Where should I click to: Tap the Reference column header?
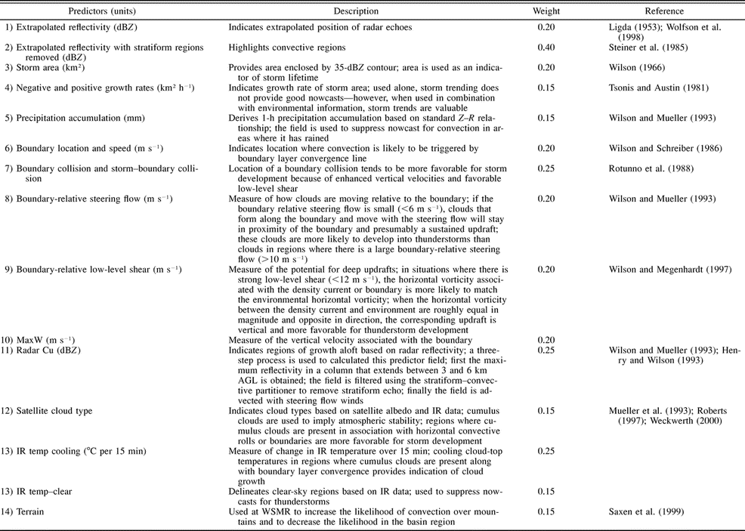[x=664, y=11]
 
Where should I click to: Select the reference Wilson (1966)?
[x=630, y=68]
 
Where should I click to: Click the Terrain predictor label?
[x=34, y=511]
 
